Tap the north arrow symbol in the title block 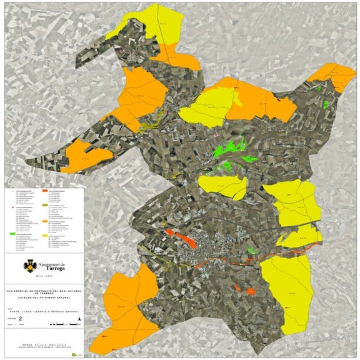click(x=80, y=321)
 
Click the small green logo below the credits click(x=77, y=354)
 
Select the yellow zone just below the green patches click(x=223, y=186)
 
